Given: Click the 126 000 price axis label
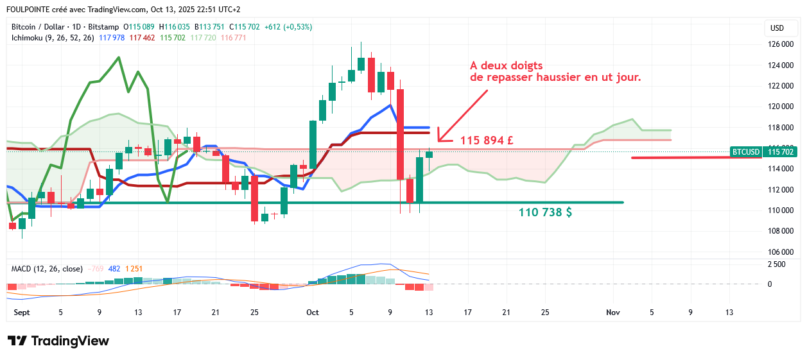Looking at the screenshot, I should point(781,44).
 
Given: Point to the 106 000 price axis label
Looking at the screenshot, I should point(781,252).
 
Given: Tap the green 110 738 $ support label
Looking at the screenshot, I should point(545,212).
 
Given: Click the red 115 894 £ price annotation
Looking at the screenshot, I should point(486,140).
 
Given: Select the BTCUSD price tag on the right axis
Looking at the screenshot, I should point(745,152).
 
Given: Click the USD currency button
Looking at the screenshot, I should point(777,28).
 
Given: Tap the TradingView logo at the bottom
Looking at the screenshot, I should point(58,341).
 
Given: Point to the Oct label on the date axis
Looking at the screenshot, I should point(313,313).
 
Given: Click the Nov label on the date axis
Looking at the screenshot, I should point(612,313).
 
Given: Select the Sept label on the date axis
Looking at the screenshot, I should point(22,313).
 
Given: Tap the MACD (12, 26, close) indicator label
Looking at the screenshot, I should point(46,268).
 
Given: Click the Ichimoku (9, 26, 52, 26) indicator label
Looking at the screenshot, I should point(53,38).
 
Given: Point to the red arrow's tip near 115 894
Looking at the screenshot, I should point(439,140).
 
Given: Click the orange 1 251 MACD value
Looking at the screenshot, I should point(135,268).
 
